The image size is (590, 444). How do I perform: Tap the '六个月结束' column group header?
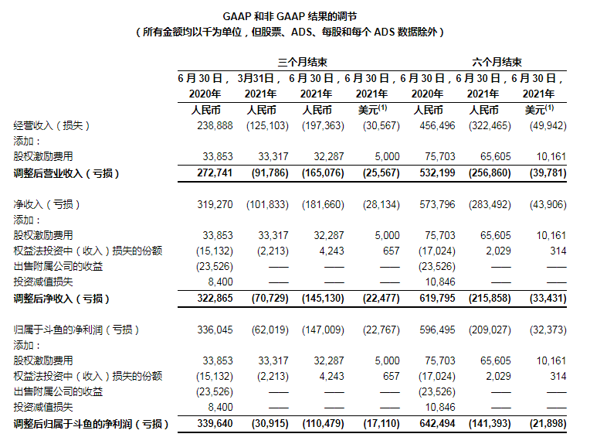click(496, 63)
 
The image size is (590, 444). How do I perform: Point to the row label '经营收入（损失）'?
click(53, 126)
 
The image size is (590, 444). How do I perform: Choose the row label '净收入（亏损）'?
click(47, 205)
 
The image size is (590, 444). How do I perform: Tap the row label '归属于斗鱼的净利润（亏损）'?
click(76, 330)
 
